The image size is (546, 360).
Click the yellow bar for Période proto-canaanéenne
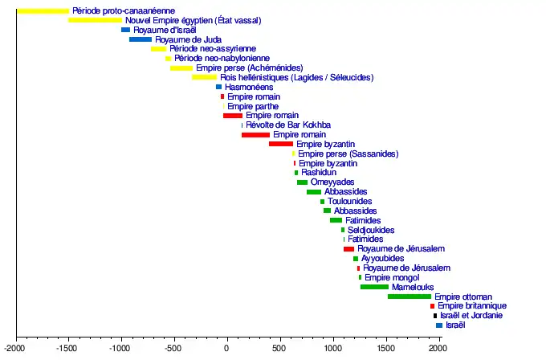43,10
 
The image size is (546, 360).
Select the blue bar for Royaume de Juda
141,39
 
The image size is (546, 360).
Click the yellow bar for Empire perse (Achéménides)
181,68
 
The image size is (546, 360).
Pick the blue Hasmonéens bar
218,87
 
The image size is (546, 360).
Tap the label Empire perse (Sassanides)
348,153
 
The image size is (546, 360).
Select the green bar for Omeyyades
302,182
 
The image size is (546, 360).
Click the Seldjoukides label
371,230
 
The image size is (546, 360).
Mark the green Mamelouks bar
374,287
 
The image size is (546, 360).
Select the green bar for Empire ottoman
409,297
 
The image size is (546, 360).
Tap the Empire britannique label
472,306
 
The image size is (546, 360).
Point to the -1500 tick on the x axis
69,337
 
